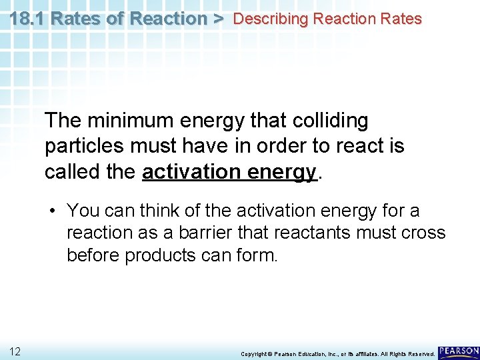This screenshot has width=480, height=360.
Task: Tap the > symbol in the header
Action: pyautogui.click(x=219, y=19)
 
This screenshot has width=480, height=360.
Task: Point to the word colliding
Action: pyautogui.click(x=328, y=121)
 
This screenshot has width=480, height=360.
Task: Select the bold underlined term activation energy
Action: pyautogui.click(x=229, y=171)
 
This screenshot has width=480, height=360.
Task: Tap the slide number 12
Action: pyautogui.click(x=15, y=351)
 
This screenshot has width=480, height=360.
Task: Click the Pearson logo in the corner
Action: pyautogui.click(x=459, y=351)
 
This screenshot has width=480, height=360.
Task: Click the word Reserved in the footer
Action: pyautogui.click(x=419, y=353)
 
